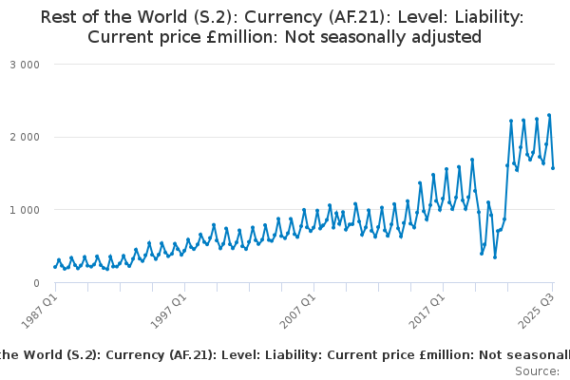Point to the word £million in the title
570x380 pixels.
tap(227, 38)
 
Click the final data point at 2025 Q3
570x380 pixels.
tap(553, 168)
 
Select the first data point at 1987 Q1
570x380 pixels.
tap(54, 267)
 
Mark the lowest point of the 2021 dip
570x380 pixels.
tap(495, 257)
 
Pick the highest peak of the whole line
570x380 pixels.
tap(549, 116)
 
